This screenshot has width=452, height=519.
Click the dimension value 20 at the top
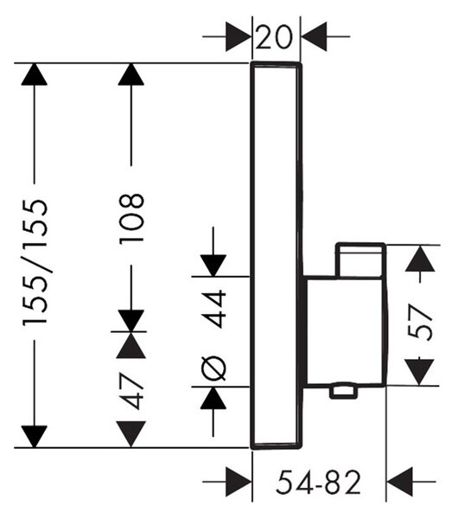tap(274, 37)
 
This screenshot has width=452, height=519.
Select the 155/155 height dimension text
tap(35, 262)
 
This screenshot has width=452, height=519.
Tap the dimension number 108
tap(131, 219)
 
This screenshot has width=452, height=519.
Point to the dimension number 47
tap(131, 391)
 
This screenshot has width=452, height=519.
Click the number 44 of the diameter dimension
tap(214, 309)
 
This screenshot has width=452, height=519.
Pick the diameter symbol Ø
tap(213, 368)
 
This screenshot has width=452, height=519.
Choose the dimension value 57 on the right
tap(420, 322)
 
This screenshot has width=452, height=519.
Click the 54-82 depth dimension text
tap(318, 483)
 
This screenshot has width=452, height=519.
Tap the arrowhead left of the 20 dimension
tap(239, 36)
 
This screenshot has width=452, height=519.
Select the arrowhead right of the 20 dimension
tap(314, 36)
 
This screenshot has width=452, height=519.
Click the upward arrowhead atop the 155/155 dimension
tap(34, 74)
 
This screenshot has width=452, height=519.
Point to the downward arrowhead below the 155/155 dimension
tap(35, 437)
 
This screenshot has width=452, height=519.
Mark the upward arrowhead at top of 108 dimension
tap(131, 74)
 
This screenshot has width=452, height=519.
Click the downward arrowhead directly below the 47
tap(131, 434)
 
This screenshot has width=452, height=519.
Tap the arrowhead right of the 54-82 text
tap(399, 482)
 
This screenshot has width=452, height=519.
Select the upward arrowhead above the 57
tap(420, 259)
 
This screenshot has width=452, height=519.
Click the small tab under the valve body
tap(344, 392)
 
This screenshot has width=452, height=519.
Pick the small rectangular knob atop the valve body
tap(360, 260)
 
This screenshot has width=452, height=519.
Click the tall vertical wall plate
tap(277, 255)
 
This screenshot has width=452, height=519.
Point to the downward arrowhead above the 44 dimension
tap(213, 266)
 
